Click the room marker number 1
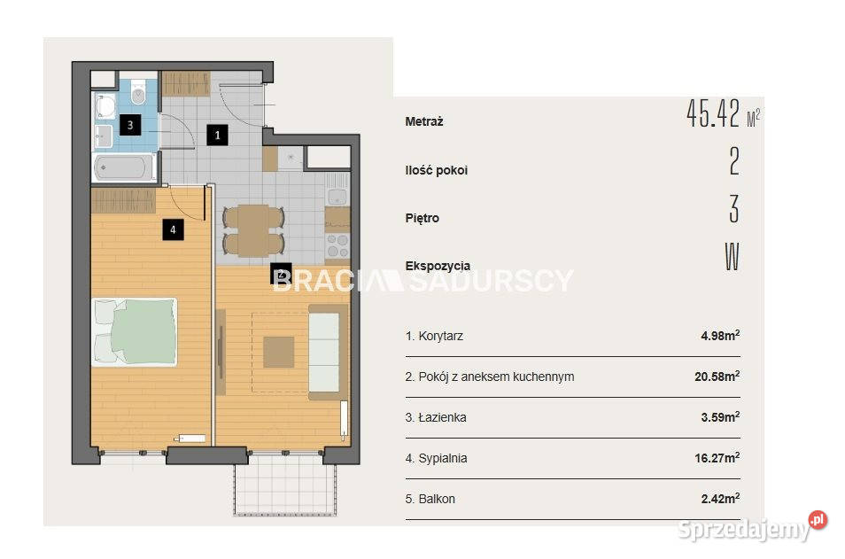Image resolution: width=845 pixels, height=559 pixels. tap(217, 135)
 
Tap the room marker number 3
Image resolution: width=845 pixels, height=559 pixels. tap(130, 125)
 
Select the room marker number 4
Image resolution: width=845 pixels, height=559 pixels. tap(173, 229)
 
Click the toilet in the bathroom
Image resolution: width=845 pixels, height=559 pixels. tap(138, 93)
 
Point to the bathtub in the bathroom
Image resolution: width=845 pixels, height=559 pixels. tap(124, 167)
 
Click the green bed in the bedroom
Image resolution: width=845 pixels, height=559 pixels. tap(135, 332)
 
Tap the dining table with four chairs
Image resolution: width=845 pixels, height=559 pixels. tap(253, 230)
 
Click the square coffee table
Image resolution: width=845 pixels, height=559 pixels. tap(279, 352)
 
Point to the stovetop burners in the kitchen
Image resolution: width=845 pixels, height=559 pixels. tap(337, 245)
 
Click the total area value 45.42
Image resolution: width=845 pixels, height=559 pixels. tap(713, 113)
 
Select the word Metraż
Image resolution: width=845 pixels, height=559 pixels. tap(424, 122)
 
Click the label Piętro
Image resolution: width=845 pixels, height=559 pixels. tap(422, 218)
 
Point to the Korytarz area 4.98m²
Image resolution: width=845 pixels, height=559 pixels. tap(720, 336)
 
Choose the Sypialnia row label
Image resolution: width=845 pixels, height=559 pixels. tap(436, 458)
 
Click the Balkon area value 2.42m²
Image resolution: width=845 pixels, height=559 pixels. tap(720, 499)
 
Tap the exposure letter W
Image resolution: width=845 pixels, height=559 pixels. tap(732, 257)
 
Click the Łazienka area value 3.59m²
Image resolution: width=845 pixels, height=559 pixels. tap(720, 417)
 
